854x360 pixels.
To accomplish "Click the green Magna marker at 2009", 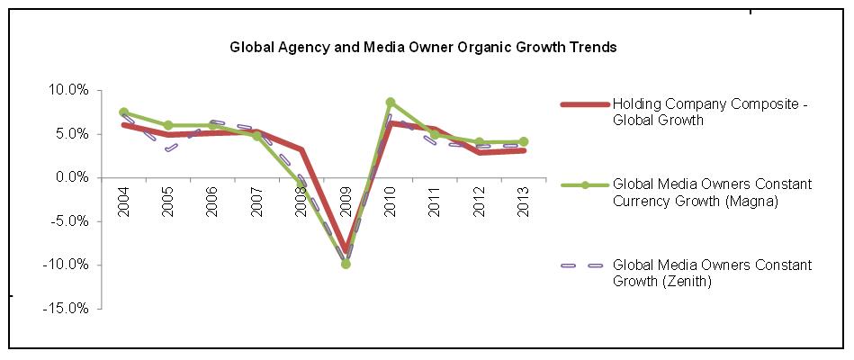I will click(346, 264).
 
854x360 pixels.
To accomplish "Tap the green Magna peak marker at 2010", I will click(390, 103).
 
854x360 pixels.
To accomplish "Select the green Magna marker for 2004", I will click(123, 112).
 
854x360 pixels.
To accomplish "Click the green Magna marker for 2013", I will click(523, 141).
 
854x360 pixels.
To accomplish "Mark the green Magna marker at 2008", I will click(301, 184).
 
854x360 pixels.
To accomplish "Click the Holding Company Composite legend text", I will click(710, 111).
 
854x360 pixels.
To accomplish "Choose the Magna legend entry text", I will click(711, 192).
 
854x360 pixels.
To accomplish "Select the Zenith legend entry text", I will click(711, 273).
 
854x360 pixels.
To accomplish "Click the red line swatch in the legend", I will click(584, 103).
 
